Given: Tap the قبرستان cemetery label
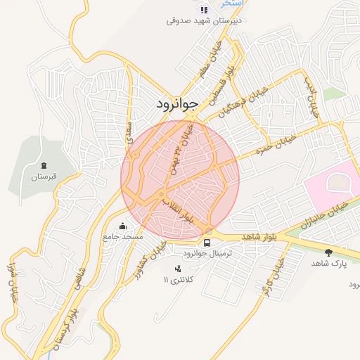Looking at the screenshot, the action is pos(43,177).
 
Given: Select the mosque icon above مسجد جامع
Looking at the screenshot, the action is pos(124,226).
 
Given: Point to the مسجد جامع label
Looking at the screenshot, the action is pos(123,237).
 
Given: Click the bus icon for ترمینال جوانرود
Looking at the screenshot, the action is pos(207,241).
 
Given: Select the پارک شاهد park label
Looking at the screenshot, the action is pos(329,263).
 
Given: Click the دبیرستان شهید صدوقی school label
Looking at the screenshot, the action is pos(204,20).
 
